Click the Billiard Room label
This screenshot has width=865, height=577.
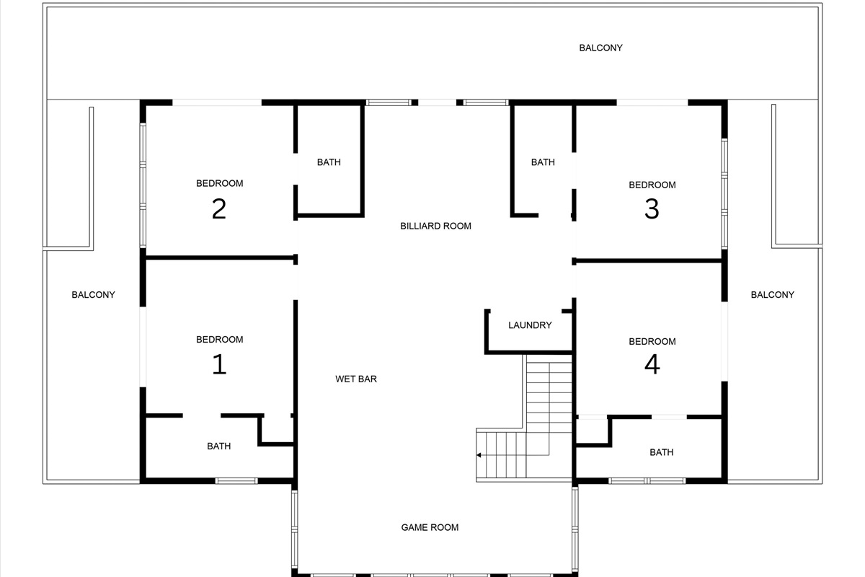(435, 226)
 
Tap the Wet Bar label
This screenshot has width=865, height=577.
(356, 379)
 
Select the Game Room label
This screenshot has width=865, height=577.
(430, 527)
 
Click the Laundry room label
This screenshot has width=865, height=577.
(530, 325)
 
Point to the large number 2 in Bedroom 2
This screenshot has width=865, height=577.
(219, 209)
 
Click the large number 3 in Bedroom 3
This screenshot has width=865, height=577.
(652, 209)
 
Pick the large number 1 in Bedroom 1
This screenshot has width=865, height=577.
(219, 364)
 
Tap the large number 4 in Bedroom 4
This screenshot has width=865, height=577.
(652, 364)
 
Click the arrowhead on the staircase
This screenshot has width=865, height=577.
(479, 455)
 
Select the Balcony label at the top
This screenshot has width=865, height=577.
(600, 48)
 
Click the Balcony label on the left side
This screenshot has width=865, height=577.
(93, 294)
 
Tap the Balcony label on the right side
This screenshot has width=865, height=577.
(772, 294)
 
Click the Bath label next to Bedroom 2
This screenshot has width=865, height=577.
(329, 162)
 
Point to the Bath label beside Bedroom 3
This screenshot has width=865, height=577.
(543, 162)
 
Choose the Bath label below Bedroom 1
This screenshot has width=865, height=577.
(219, 446)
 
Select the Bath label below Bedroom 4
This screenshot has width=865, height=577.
(661, 452)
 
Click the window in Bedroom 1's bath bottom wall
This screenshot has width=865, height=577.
(236, 480)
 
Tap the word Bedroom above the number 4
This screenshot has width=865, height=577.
(652, 341)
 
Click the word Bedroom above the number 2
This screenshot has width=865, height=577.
(219, 183)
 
